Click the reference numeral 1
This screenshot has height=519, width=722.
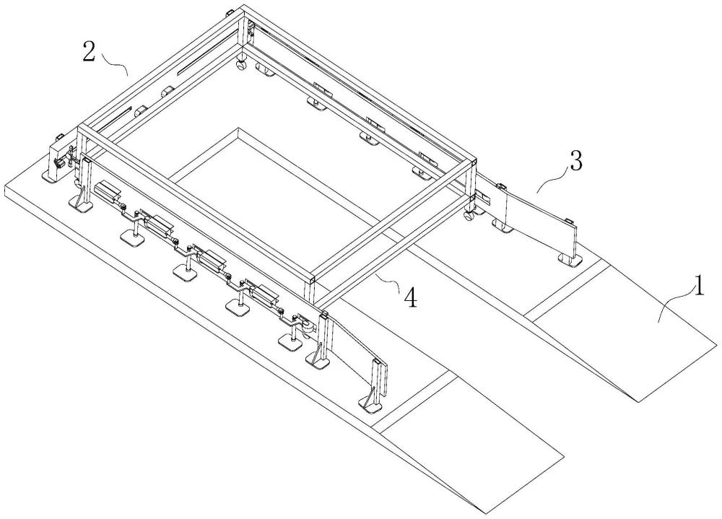coord(697,289)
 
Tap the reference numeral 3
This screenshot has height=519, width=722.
coord(575,163)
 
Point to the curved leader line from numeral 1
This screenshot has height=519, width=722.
coord(671,304)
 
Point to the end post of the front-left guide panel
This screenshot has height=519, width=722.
coord(378,383)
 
